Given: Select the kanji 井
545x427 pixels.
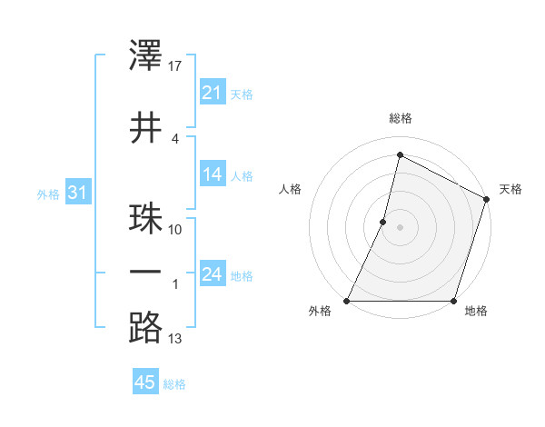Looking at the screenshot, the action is (146, 127).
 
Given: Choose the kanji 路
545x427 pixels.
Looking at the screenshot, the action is (146, 328).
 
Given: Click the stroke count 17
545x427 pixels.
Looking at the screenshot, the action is (175, 66).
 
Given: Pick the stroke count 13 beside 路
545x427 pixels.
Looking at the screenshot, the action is (175, 339).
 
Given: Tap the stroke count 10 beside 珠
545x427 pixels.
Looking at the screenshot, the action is (175, 230).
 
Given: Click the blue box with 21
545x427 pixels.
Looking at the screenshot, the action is (212, 92).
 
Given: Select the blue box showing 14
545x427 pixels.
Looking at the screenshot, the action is (212, 174).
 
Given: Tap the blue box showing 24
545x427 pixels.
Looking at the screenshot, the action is (212, 274).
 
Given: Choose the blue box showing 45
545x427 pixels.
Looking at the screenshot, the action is (145, 382).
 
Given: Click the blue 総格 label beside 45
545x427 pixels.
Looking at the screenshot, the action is (174, 384).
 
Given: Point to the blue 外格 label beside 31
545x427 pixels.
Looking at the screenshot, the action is (47, 194).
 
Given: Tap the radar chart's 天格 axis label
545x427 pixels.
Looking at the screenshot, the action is (510, 189).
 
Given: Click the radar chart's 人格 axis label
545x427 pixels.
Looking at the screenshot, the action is (291, 189).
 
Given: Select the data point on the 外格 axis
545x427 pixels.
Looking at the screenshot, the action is (347, 301).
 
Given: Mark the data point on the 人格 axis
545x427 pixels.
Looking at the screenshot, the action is (383, 222).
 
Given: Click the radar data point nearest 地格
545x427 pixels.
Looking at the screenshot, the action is (453, 301).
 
